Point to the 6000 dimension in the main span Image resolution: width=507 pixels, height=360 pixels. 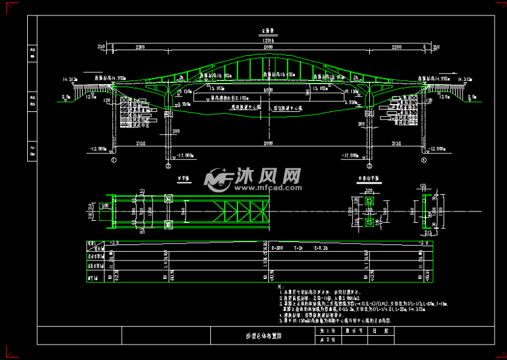(268, 90)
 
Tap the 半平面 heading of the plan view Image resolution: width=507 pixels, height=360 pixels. (183, 178)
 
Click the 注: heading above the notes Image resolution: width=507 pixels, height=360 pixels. (280, 286)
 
